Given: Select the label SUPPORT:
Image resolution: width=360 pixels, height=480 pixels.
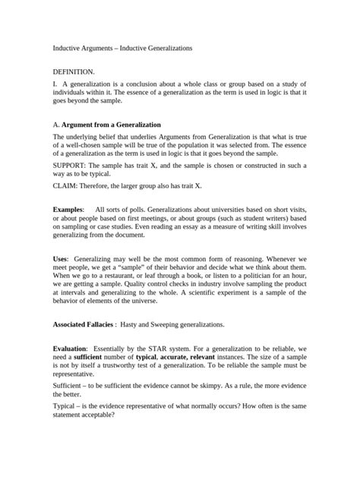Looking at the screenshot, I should (x=71, y=164).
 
